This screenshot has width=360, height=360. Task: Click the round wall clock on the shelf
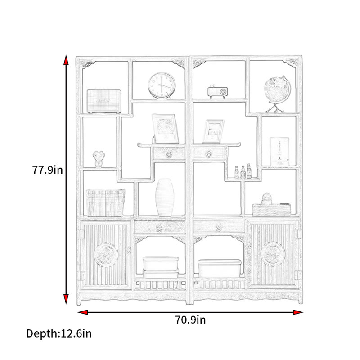tap(162, 85)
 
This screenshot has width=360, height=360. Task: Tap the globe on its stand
tap(277, 94)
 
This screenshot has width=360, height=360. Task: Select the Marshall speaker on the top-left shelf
tap(104, 101)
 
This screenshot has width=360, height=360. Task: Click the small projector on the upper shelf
tap(218, 92)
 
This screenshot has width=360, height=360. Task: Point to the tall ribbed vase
tap(165, 198)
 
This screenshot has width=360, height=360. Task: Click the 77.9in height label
tap(47, 170)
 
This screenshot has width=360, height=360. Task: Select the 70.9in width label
tap(190, 320)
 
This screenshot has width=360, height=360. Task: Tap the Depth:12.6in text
tap(59, 333)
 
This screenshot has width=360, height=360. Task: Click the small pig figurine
tap(99, 159)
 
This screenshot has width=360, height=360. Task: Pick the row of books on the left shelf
tap(105, 203)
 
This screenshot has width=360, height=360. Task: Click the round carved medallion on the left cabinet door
tap(106, 255)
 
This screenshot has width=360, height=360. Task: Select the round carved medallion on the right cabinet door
tap(273, 254)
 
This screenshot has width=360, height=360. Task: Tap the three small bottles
tap(243, 171)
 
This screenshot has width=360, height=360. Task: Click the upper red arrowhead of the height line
tap(66, 60)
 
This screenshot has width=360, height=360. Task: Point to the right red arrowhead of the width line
tap(298, 312)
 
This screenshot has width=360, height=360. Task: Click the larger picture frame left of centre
tap(165, 128)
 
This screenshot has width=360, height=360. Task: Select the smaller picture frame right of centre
tap(213, 131)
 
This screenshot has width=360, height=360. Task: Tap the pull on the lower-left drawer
tap(159, 228)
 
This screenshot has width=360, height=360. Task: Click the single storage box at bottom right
tap(219, 268)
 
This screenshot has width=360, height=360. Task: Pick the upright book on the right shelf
tap(279, 152)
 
